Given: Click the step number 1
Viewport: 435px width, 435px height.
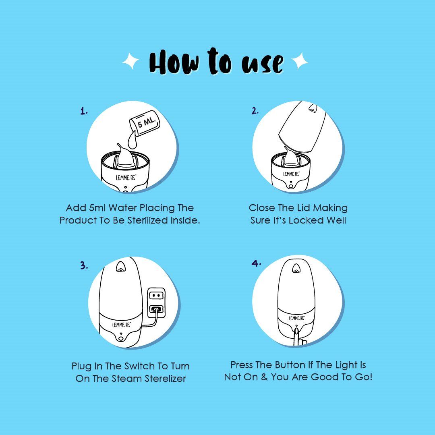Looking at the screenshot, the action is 84,111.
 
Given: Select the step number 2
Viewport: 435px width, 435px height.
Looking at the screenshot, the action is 255,111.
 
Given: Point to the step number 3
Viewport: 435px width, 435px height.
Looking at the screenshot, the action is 84,265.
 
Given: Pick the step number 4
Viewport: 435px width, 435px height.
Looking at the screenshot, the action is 256,263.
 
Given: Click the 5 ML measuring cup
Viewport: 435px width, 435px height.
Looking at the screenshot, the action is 145,122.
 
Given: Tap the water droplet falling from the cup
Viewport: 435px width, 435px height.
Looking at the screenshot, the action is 133,140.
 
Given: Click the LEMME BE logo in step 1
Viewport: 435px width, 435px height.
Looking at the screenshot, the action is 126,177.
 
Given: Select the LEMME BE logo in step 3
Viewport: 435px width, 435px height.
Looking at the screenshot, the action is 121,324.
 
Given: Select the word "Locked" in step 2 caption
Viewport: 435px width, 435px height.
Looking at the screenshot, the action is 306,220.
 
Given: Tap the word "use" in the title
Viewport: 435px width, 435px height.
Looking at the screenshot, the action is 263,64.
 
